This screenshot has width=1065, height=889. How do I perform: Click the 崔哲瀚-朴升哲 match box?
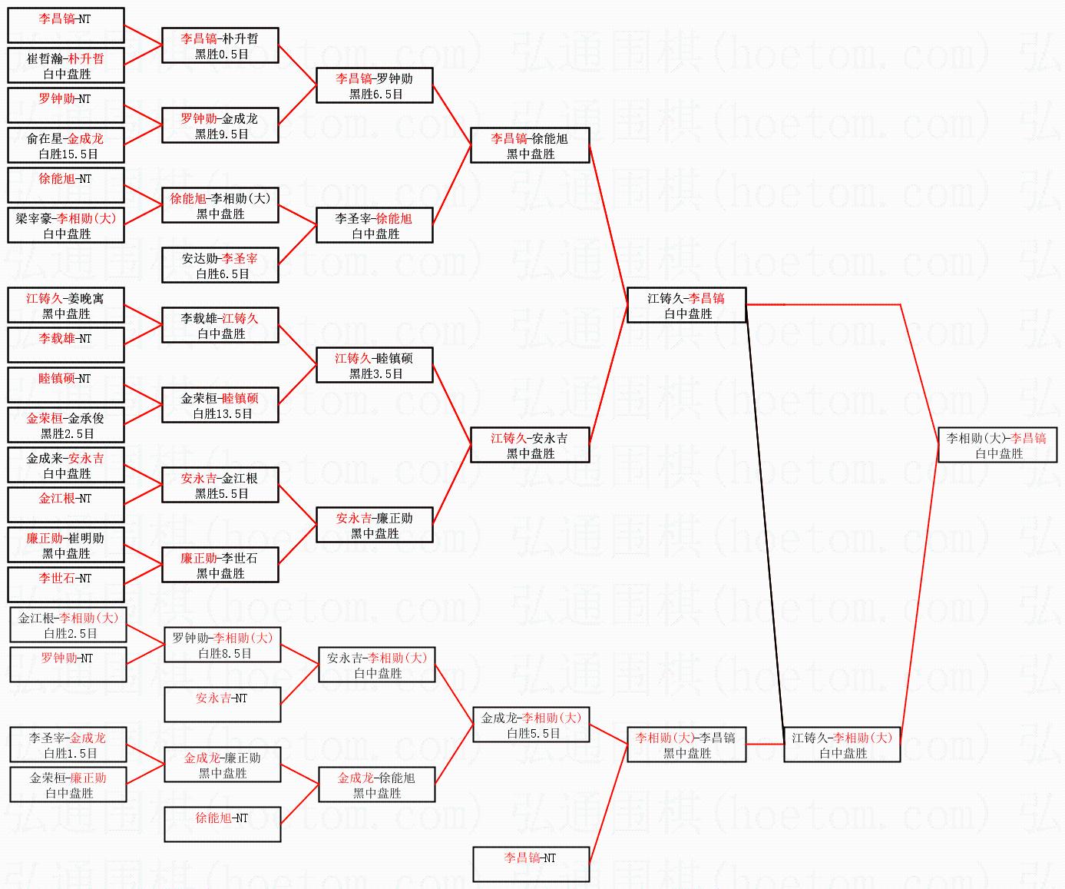66,66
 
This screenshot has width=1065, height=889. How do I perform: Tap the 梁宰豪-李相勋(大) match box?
66,225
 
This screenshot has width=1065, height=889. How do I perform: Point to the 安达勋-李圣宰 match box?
220,266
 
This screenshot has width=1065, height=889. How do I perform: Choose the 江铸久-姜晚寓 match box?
66,305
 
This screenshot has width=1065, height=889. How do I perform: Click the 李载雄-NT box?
66,345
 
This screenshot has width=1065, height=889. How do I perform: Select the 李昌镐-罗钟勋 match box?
375,86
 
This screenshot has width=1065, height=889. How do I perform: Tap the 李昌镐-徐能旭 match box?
530,145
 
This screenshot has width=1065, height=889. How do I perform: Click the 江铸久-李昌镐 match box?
686,305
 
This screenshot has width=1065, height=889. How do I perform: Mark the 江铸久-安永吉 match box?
530,445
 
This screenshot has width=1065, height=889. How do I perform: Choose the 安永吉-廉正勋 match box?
375,525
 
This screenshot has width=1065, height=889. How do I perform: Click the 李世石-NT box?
66,585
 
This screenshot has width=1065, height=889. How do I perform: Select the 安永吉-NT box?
223,705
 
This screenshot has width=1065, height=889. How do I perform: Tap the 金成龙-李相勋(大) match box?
531,725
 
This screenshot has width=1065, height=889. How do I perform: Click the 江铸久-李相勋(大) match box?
842,745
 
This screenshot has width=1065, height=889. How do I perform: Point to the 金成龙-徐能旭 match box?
377,785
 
